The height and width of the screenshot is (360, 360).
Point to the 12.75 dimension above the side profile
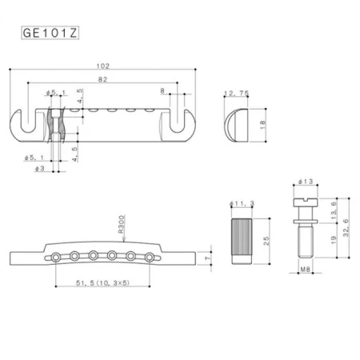[238, 94]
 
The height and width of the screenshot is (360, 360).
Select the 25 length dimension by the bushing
[264, 237]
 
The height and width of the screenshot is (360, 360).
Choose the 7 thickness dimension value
[206, 260]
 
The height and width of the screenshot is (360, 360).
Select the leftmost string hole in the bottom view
[58, 256]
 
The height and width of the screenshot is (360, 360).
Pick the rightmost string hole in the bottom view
[147, 256]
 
